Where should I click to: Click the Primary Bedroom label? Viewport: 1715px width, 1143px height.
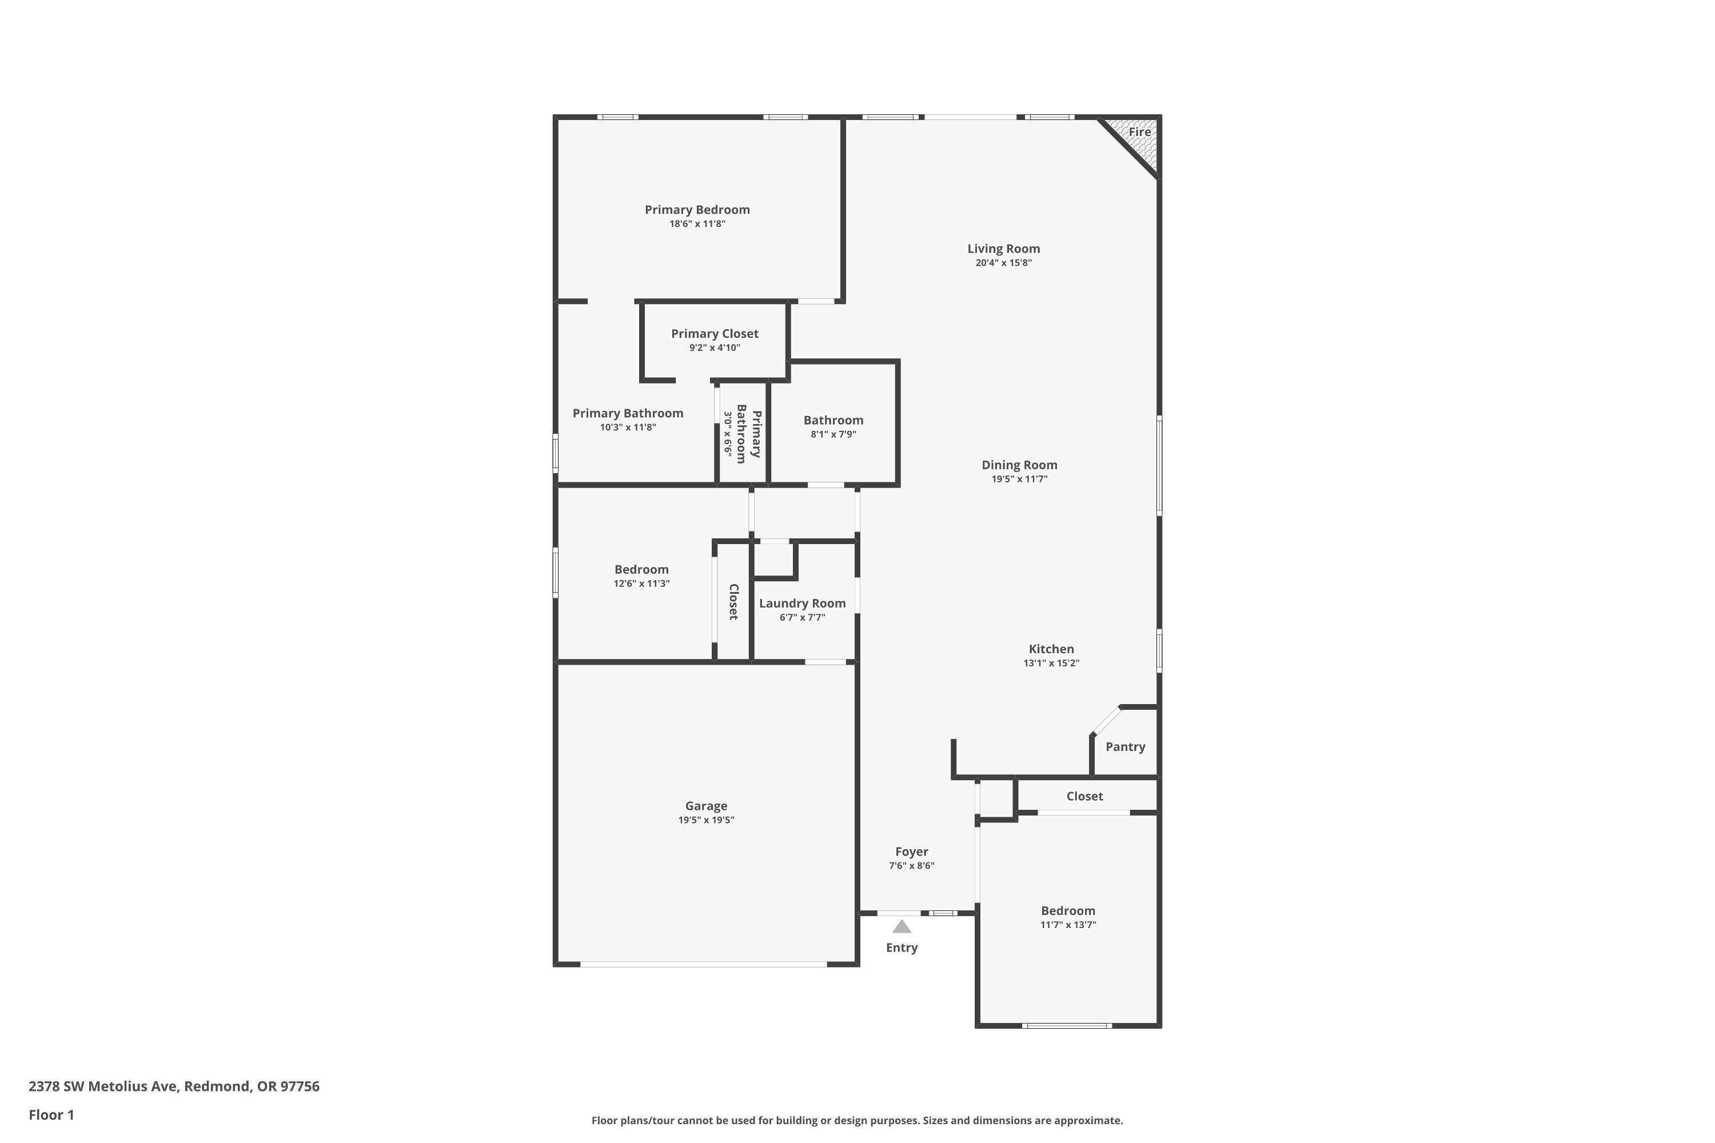click(696, 210)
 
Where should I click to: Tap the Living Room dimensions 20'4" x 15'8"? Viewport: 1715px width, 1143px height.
click(1003, 263)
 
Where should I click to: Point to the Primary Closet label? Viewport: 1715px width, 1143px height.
click(715, 334)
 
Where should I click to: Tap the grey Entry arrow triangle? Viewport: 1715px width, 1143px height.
click(902, 926)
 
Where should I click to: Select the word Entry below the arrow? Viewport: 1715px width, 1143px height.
click(902, 948)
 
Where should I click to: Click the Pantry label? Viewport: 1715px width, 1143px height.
click(1125, 747)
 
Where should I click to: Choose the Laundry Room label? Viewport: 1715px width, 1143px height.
click(802, 604)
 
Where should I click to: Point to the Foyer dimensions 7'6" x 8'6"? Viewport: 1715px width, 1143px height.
click(911, 866)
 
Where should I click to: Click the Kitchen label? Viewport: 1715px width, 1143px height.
click(1051, 649)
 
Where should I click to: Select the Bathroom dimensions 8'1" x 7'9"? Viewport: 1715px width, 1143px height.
click(833, 434)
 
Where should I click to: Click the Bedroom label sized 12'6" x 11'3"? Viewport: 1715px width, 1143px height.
click(641, 570)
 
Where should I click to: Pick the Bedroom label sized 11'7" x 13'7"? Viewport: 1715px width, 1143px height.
click(1067, 911)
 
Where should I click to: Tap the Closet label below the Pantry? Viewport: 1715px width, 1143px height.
click(1084, 797)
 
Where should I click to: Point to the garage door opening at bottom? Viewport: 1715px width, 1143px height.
click(704, 965)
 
